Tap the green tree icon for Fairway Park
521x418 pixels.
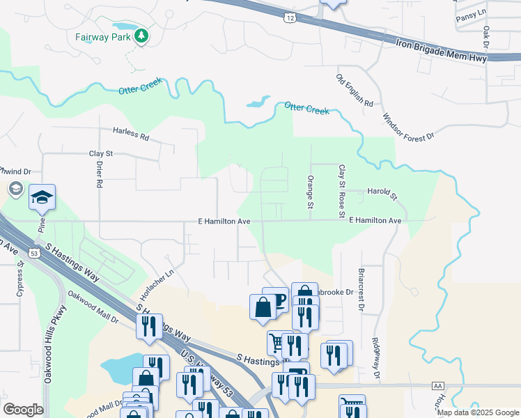coord(142,35)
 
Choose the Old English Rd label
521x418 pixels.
coord(355,91)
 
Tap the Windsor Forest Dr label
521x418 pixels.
coord(408,121)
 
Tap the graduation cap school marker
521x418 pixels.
coord(42,199)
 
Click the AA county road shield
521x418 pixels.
coord(437,385)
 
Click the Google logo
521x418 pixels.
coord(23,409)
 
